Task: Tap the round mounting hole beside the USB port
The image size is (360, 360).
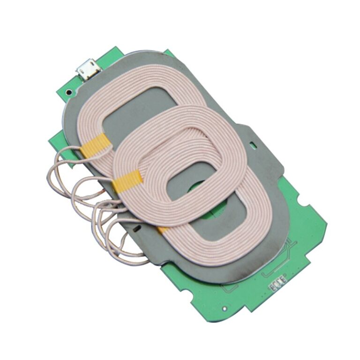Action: pyautogui.click(x=69, y=92)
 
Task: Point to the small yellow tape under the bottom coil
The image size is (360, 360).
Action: pyautogui.click(x=163, y=229)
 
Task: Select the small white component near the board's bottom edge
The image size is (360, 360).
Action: pyautogui.click(x=277, y=282)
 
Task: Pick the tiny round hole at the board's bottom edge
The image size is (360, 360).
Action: pyautogui.click(x=225, y=309)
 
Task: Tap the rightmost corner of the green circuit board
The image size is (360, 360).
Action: pyautogui.click(x=325, y=227)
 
